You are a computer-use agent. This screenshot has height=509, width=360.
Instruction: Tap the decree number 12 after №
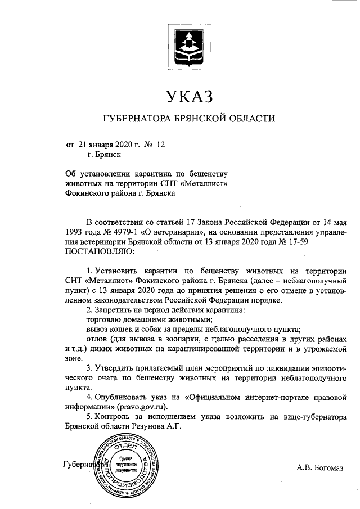(161, 145)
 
